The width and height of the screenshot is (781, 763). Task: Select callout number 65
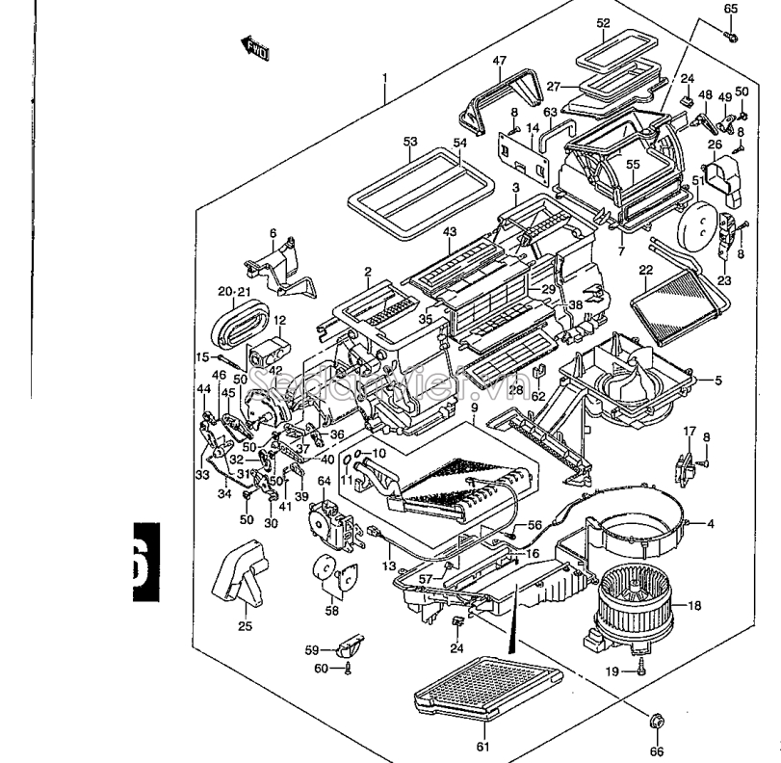730,9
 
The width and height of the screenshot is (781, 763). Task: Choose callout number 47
499,60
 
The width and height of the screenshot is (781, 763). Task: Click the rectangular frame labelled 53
420,193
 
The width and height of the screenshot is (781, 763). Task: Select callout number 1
384,77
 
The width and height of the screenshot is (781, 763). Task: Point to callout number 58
330,610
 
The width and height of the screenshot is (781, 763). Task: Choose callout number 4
710,523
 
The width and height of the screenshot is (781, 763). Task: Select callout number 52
603,22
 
